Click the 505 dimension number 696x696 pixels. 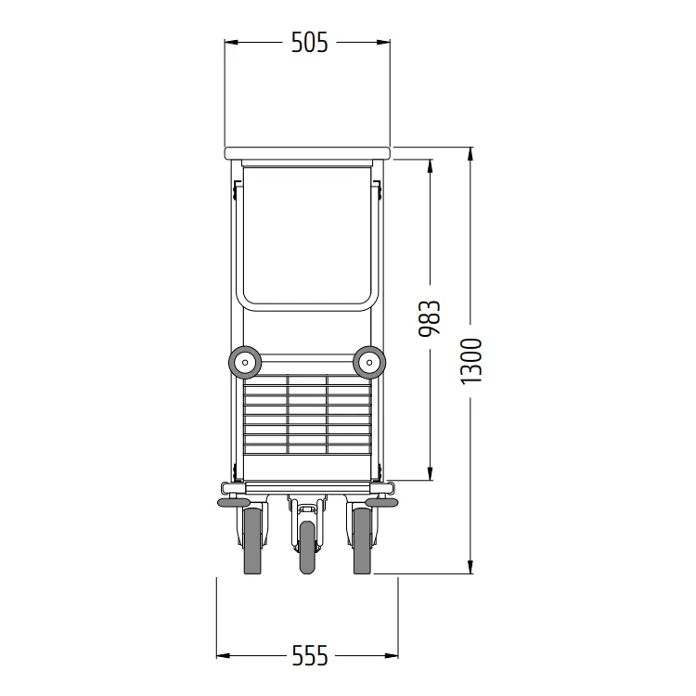309,43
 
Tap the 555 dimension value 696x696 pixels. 310,655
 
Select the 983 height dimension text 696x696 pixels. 430,318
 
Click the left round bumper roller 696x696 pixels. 244,362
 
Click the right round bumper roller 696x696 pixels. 369,362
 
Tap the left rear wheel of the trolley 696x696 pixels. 252,541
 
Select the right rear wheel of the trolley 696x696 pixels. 362,541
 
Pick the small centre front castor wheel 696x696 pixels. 307,548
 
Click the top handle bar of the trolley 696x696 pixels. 307,153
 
